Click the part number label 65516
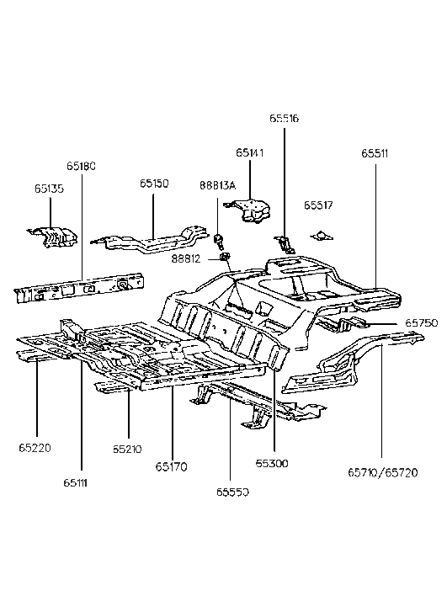[x=284, y=120]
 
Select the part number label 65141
[x=250, y=153]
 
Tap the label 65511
[x=375, y=153]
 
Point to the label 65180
[x=82, y=166]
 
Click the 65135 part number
[x=49, y=189]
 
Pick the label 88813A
[x=217, y=185]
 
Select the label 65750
[x=421, y=322]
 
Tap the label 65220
[x=36, y=447]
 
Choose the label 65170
[x=171, y=466]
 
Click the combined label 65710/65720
[x=382, y=474]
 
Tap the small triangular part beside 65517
[x=319, y=235]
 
